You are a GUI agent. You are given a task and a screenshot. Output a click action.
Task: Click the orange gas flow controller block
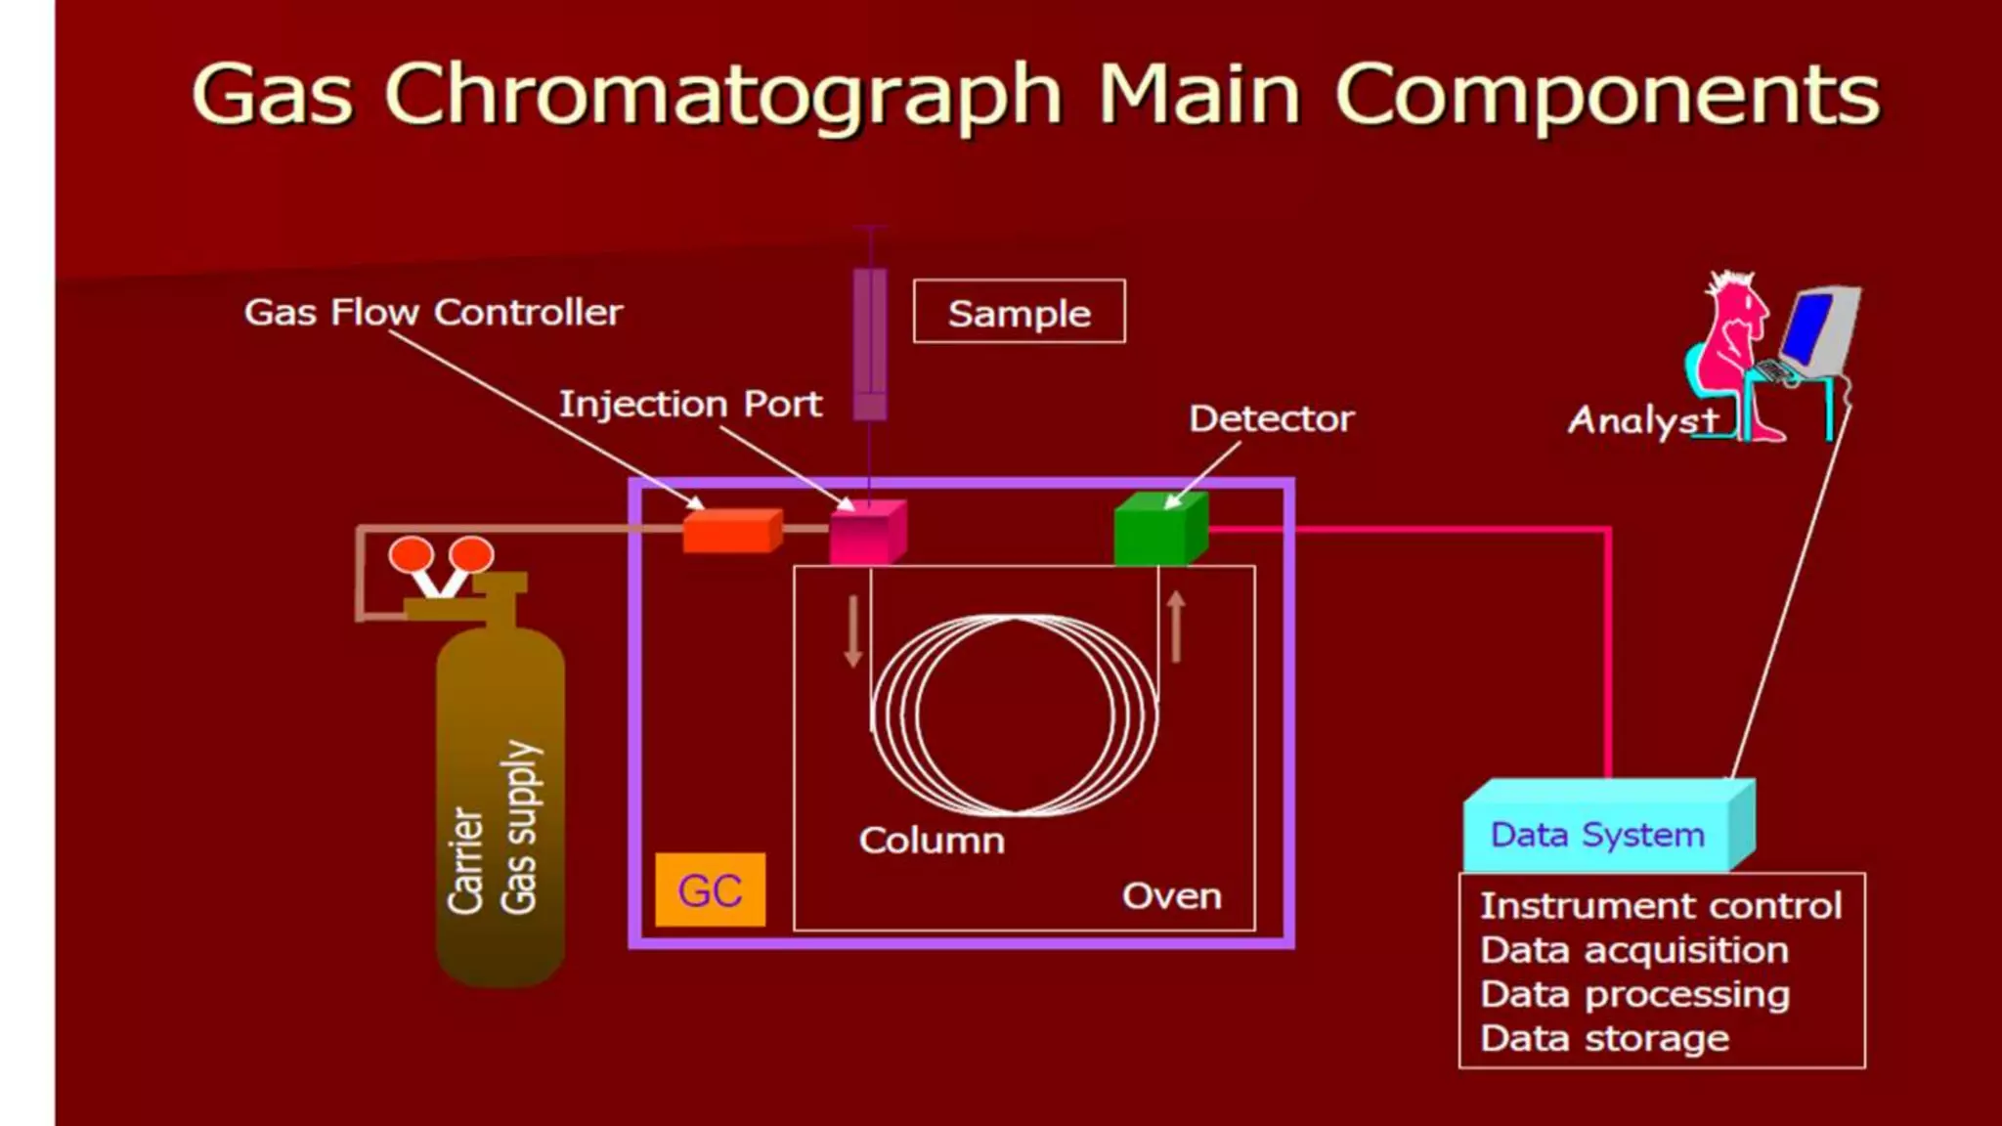(x=732, y=532)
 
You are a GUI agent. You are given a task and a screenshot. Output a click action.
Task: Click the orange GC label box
(x=711, y=890)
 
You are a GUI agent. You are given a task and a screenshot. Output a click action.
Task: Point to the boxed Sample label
(x=1019, y=313)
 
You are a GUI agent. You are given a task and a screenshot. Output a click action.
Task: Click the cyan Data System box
(x=1599, y=834)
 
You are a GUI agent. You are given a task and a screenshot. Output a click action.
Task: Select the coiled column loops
(x=1015, y=715)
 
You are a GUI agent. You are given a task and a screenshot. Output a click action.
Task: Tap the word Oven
(x=1171, y=896)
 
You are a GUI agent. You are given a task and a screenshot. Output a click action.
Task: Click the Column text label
(x=932, y=841)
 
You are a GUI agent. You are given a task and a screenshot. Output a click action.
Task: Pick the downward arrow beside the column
(x=853, y=631)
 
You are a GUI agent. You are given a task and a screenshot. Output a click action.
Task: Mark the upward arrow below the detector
(x=1176, y=627)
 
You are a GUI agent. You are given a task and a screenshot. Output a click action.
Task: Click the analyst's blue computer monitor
(x=1807, y=327)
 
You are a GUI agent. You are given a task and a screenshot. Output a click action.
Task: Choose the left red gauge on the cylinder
(x=411, y=554)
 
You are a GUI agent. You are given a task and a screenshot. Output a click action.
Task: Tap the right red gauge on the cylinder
(x=472, y=554)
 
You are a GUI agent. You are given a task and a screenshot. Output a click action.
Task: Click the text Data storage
(x=1604, y=1038)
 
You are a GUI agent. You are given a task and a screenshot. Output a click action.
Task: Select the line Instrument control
(x=1660, y=906)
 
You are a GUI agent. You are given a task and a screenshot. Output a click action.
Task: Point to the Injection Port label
(x=690, y=404)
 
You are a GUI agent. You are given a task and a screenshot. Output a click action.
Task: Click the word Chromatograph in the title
(x=723, y=95)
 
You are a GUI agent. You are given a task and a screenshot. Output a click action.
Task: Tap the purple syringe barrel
(x=870, y=342)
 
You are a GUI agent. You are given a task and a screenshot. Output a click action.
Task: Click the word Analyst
(x=1642, y=420)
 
